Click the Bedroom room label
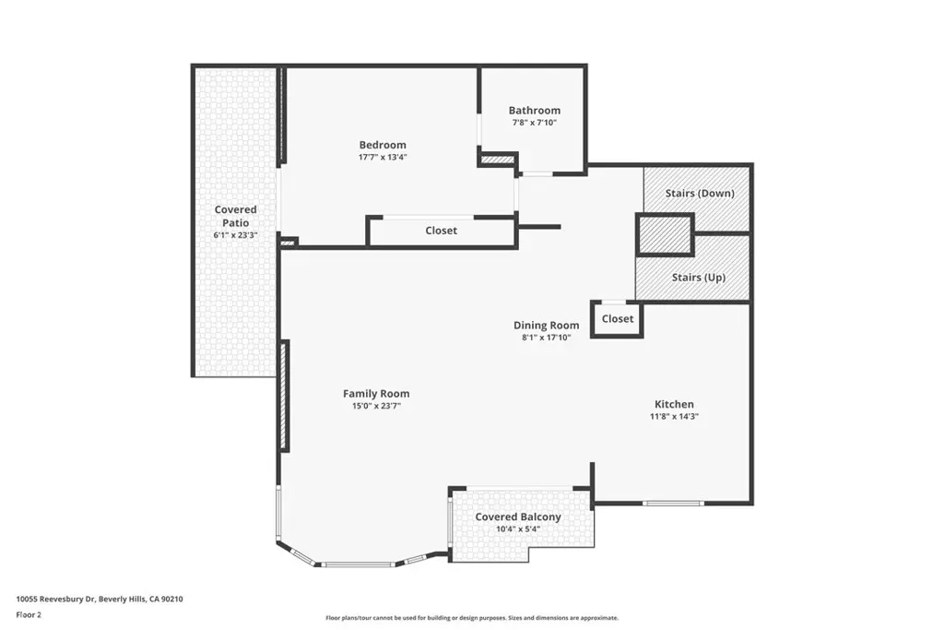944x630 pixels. click(383, 145)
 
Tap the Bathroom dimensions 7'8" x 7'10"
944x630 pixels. click(534, 123)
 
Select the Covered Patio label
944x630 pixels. click(235, 216)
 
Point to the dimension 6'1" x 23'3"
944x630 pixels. click(235, 235)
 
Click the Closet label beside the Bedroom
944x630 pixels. click(441, 230)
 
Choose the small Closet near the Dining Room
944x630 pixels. click(617, 318)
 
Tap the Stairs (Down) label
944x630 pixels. click(700, 194)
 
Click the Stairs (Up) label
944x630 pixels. click(699, 277)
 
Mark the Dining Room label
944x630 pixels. click(546, 326)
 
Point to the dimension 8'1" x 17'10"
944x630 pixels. click(546, 338)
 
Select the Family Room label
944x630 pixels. click(376, 393)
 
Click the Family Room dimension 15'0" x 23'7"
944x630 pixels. click(376, 406)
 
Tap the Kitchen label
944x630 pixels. click(674, 404)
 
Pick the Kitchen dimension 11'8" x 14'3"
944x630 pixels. click(674, 416)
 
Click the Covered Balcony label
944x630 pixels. click(518, 517)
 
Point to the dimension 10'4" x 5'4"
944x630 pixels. click(518, 529)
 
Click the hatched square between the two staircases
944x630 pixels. click(665, 235)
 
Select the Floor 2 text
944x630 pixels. click(29, 615)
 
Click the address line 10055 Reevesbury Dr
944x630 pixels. click(55, 600)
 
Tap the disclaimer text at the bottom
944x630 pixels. click(472, 618)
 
